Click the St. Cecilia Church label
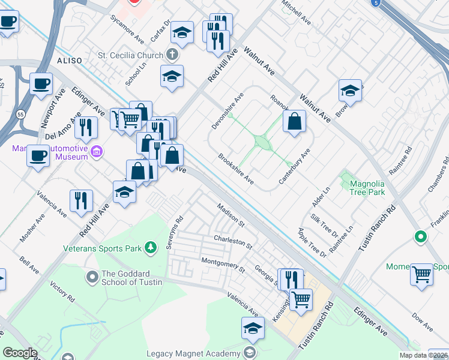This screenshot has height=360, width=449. pyautogui.click(x=130, y=55)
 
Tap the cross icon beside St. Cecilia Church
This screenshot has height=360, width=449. pyautogui.click(x=172, y=55)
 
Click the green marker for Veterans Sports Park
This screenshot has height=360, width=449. pyautogui.click(x=152, y=247)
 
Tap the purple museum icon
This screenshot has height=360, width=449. pyautogui.click(x=95, y=152)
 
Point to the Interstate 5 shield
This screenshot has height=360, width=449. pyautogui.click(x=375, y=4)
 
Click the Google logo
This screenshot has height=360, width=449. pyautogui.click(x=20, y=353)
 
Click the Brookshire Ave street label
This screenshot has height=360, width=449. pyautogui.click(x=236, y=169)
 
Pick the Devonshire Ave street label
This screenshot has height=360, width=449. pyautogui.click(x=228, y=110)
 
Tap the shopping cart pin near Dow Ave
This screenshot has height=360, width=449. pyautogui.click(x=421, y=275)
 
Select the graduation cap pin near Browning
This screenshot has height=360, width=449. pyautogui.click(x=350, y=91)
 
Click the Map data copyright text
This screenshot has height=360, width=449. pyautogui.click(x=423, y=355)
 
